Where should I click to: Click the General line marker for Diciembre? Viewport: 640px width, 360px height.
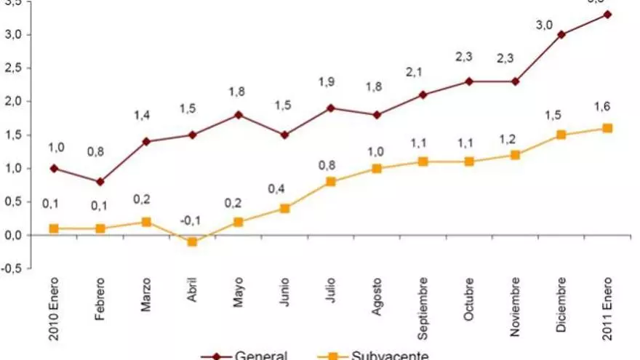[x=561, y=34]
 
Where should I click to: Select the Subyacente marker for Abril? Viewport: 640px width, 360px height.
[x=192, y=241]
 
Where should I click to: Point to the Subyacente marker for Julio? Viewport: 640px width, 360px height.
[x=330, y=181]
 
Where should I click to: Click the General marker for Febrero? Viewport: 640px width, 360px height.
[x=100, y=181]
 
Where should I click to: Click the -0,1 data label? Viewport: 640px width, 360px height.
[x=191, y=221]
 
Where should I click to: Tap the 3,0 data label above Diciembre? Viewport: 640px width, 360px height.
[x=544, y=25]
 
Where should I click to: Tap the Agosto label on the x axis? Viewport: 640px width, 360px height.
[x=377, y=299]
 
